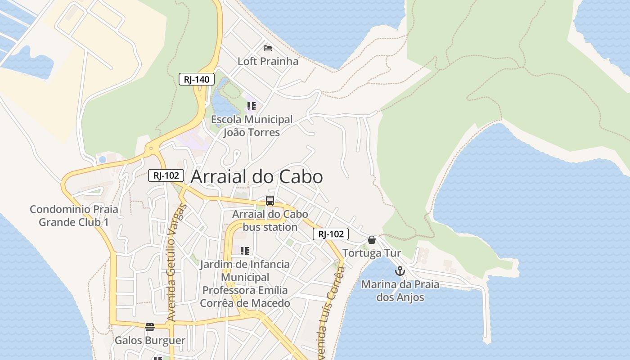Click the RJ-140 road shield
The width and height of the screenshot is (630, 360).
197,80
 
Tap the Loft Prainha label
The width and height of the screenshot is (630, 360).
268,61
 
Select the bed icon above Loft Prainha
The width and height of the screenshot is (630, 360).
268,48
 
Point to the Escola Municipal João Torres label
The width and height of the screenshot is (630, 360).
252,126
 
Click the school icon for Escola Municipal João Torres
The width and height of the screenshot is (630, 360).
251,107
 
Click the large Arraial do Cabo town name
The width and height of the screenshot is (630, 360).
256,177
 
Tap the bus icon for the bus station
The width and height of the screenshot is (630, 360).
270,201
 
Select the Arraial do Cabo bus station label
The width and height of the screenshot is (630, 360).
270,220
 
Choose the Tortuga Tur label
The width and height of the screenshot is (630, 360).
372,253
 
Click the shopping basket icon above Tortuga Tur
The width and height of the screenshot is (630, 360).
372,240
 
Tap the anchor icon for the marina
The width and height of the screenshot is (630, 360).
400,271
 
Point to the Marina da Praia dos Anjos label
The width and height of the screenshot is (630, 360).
400,291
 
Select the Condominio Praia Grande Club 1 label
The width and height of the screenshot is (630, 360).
74,216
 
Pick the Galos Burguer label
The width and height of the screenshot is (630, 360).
150,340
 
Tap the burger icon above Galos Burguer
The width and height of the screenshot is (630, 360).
150,327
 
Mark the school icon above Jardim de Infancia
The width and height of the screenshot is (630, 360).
245,251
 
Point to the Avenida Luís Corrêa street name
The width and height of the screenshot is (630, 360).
331,310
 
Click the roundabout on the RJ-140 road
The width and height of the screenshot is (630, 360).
151,148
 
